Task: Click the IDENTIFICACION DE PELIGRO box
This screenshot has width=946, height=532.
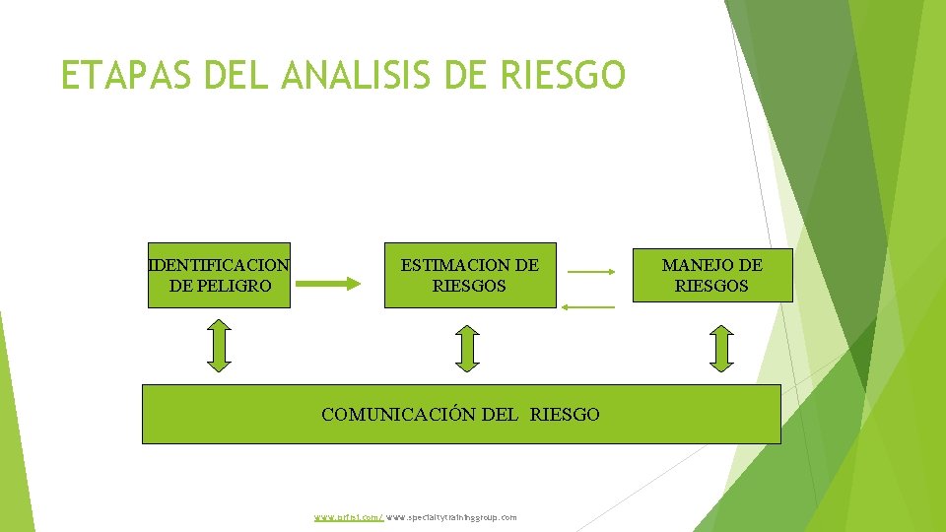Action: coord(219,275)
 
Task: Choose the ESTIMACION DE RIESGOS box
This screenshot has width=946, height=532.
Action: coord(469,275)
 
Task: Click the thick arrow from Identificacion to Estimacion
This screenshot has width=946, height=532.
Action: coord(329,284)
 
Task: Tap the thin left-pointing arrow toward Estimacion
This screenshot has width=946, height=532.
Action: coord(587,307)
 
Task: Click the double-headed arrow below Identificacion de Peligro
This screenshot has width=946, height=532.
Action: coord(220,345)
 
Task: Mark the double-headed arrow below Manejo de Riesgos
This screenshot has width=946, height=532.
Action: coord(722,349)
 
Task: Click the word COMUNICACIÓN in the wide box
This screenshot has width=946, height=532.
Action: coord(399,415)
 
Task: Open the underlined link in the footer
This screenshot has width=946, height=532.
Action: coord(349,517)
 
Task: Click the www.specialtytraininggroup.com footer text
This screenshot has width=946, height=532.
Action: coord(451,517)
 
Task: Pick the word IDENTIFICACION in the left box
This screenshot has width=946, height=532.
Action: coord(219,265)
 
